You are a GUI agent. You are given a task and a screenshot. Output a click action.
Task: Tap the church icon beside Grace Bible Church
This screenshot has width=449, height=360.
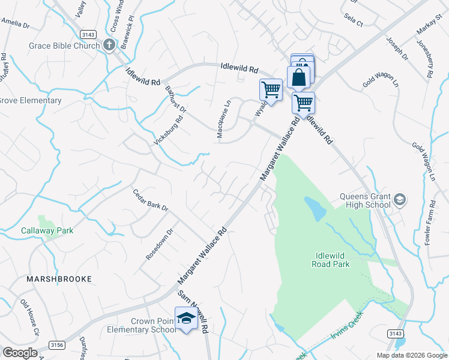coord(109,45)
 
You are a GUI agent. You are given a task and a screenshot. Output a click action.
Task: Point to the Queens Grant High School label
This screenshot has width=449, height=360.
coord(365,200)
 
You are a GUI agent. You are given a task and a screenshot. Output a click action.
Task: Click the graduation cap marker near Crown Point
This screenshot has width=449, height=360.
coord(186,318)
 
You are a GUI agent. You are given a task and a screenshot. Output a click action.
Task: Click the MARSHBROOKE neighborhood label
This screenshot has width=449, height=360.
coord(59,279)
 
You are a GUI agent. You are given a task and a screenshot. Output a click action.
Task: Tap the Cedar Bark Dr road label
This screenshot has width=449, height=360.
coord(150,200)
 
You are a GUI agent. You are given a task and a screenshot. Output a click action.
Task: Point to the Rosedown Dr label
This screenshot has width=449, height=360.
coord(160,244)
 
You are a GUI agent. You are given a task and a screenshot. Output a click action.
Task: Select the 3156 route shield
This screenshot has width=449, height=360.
coord(57,345)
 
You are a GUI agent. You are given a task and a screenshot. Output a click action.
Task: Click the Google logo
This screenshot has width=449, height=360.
coord(20,352)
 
